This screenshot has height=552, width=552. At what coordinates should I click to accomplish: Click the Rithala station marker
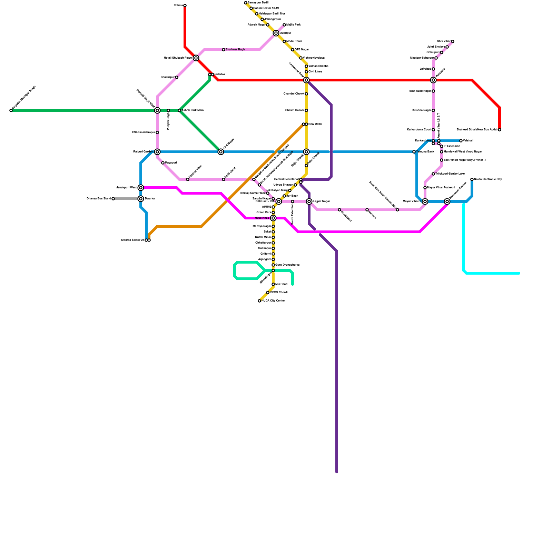(x=185, y=6)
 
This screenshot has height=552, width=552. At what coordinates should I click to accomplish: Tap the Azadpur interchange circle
(x=276, y=33)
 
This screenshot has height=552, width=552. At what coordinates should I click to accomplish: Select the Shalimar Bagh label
(x=235, y=50)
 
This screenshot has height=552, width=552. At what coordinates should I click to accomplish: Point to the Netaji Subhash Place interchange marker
(x=196, y=58)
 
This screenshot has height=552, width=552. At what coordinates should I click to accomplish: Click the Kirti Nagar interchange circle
(x=221, y=152)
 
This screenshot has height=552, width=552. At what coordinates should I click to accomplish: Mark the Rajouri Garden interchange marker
(x=157, y=152)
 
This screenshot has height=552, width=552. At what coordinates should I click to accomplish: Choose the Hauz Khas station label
(x=262, y=218)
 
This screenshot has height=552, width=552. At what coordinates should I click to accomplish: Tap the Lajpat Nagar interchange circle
(x=309, y=201)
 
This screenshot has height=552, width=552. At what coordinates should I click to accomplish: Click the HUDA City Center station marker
(x=259, y=301)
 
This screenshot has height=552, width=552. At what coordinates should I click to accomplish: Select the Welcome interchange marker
(x=433, y=80)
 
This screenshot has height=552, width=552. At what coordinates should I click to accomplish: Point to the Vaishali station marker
(x=461, y=141)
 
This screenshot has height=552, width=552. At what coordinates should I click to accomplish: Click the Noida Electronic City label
(x=488, y=179)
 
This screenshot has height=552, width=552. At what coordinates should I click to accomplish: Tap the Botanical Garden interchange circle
(x=447, y=201)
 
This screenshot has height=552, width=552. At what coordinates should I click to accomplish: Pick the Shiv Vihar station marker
(x=453, y=41)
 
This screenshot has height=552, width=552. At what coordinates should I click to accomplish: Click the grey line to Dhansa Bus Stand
(x=126, y=199)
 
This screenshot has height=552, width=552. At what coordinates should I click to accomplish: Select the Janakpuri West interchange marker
(x=141, y=188)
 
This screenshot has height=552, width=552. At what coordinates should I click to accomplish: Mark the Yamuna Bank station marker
(x=414, y=152)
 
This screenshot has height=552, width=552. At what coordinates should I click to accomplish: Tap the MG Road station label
(x=281, y=284)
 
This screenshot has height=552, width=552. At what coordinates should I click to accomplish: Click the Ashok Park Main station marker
(x=179, y=110)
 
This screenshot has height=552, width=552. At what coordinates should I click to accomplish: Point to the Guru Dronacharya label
(x=287, y=265)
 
